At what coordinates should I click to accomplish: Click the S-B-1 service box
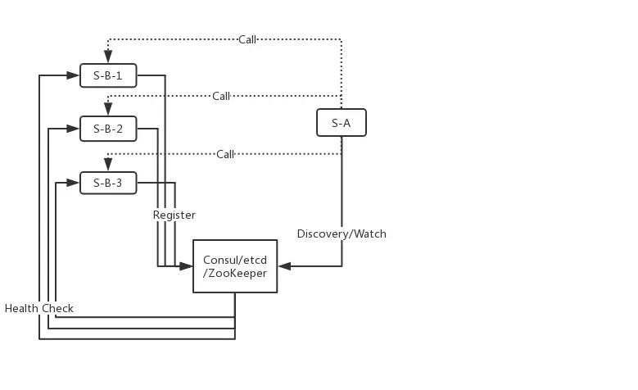pyautogui.click(x=108, y=75)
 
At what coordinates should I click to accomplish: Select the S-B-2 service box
pyautogui.click(x=108, y=129)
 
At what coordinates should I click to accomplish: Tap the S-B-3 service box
pyautogui.click(x=108, y=183)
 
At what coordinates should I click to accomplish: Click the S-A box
pyautogui.click(x=342, y=123)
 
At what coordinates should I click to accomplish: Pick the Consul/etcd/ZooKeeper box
pyautogui.click(x=235, y=266)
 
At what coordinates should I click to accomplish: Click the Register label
pyautogui.click(x=174, y=215)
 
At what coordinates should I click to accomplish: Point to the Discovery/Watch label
pyautogui.click(x=342, y=234)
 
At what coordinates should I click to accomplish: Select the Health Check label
pyautogui.click(x=39, y=308)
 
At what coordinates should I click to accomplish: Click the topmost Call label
pyautogui.click(x=247, y=39)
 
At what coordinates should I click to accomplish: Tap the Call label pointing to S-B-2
pyautogui.click(x=221, y=96)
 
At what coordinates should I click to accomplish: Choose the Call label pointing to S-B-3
pyautogui.click(x=225, y=154)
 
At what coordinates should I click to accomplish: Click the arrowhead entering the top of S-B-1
pyautogui.click(x=108, y=58)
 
